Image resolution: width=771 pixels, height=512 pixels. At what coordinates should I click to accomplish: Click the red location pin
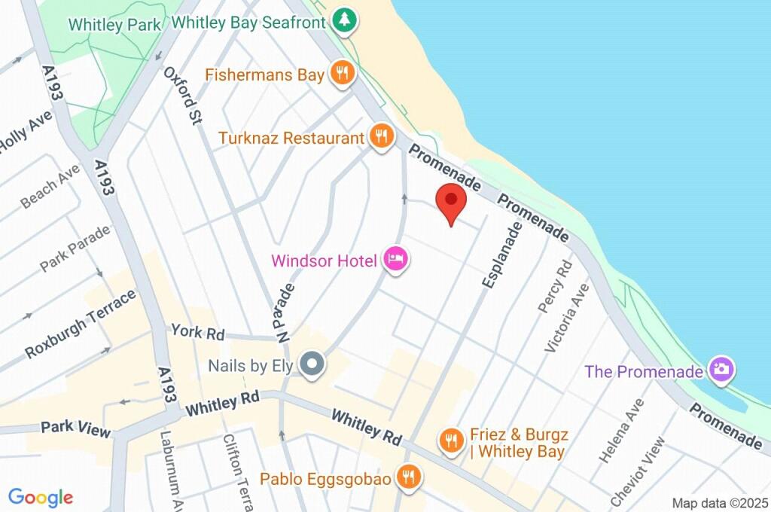(451, 201)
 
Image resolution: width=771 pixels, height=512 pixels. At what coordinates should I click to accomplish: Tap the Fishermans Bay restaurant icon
(343, 73)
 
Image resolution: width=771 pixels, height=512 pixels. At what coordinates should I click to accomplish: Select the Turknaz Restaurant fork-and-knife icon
(382, 137)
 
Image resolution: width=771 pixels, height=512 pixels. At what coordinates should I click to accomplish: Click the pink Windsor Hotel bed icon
(396, 260)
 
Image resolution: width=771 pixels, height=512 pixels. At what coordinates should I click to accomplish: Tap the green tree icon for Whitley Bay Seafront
(344, 21)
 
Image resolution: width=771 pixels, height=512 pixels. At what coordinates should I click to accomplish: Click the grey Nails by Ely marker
(311, 365)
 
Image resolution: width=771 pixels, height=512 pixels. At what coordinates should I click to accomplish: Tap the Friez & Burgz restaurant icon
(451, 440)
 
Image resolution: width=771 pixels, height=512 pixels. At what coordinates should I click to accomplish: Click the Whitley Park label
(114, 25)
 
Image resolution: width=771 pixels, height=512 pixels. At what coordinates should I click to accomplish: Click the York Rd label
(197, 331)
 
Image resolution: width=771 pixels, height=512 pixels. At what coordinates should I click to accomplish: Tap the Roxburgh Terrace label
(81, 324)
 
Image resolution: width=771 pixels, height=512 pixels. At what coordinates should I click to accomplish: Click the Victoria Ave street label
(566, 317)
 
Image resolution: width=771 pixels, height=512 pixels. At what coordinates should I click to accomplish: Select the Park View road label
(76, 429)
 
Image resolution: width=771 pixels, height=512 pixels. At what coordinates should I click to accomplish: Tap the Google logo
(41, 497)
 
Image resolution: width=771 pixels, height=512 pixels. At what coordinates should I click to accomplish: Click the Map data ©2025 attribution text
(719, 503)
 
